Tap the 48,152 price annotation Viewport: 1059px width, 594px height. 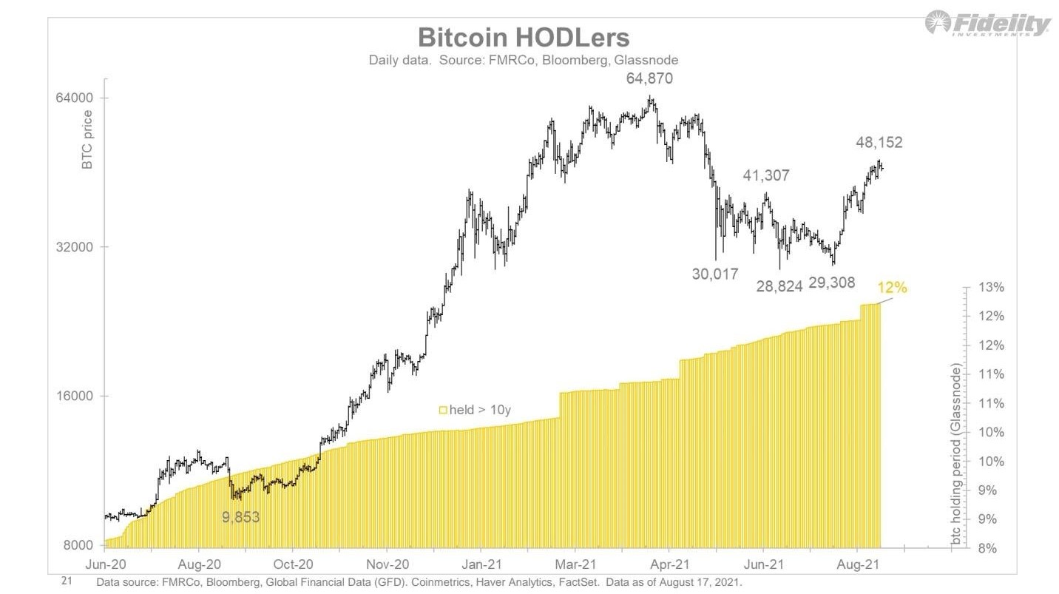[x=879, y=143]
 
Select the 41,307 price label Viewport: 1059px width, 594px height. [x=765, y=175]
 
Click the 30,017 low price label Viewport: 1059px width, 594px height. [x=715, y=274]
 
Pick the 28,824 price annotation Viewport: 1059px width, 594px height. [x=779, y=286]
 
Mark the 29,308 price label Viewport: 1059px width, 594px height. [x=832, y=283]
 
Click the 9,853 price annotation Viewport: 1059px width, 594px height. [x=241, y=516]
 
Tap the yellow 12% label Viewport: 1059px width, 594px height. [x=891, y=288]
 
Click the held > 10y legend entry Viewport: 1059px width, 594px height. [x=475, y=409]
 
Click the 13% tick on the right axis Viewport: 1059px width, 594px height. [x=991, y=287]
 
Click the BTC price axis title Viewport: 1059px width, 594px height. [x=87, y=141]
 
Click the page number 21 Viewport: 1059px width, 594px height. [x=66, y=582]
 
